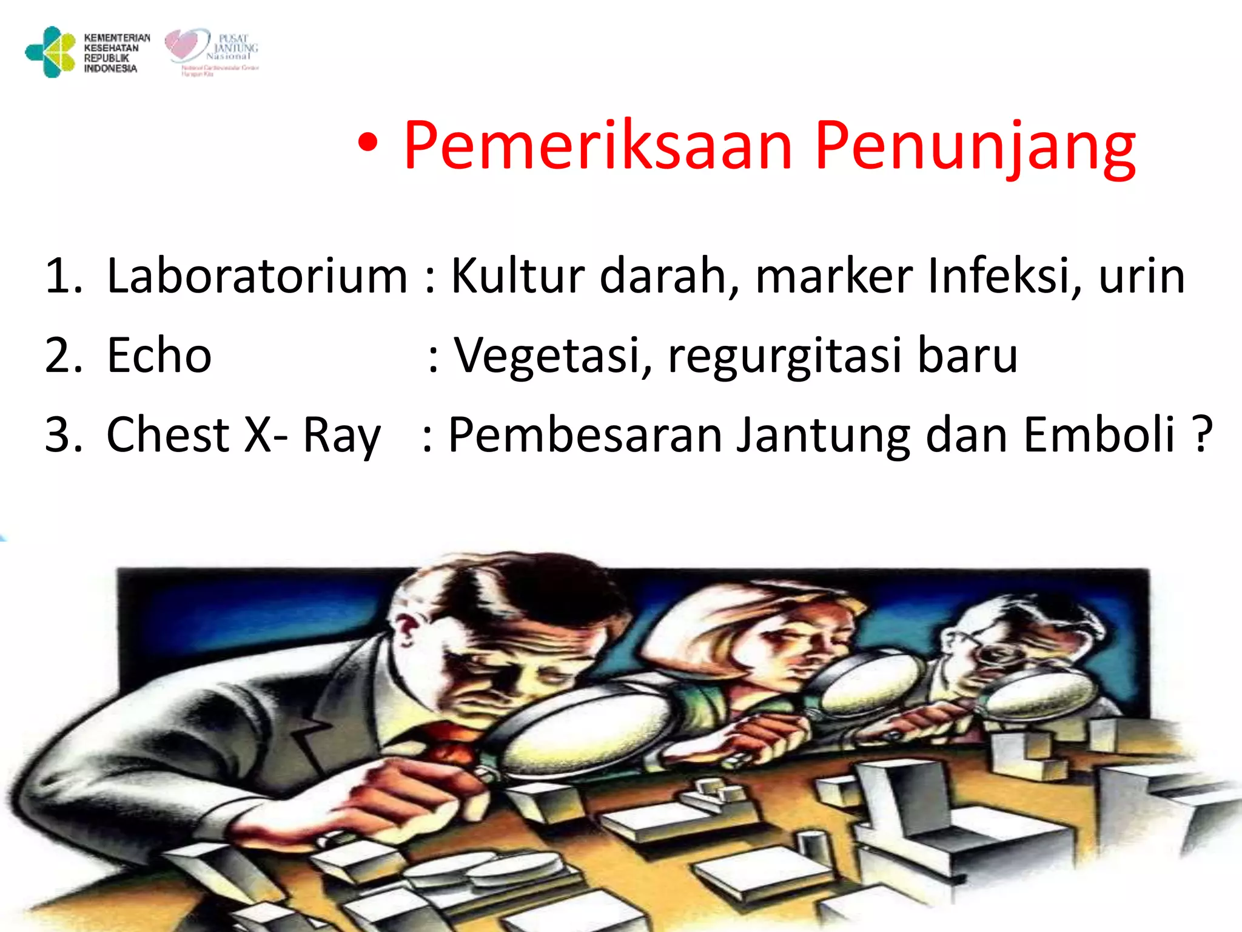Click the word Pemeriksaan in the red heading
(x=598, y=146)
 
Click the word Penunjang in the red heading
(x=975, y=146)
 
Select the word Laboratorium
(x=257, y=276)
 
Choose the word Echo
(x=159, y=356)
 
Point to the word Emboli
(x=1098, y=434)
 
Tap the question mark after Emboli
(x=1201, y=434)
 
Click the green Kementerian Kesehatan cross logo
(x=50, y=52)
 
